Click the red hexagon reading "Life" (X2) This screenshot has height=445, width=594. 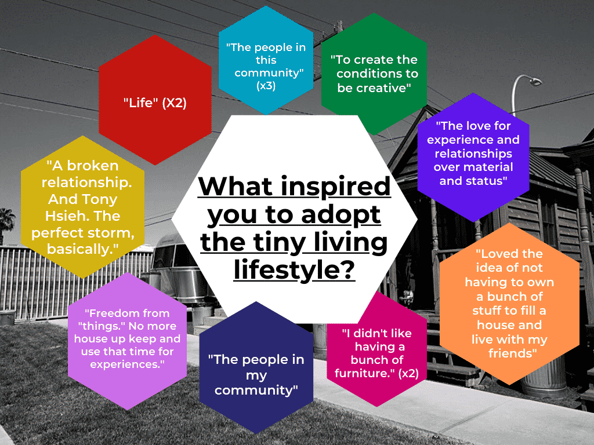(x=155, y=100)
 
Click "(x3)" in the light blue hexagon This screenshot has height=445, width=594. (x=266, y=86)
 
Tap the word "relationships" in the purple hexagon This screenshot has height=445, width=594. (x=473, y=154)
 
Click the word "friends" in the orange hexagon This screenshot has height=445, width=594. (x=510, y=353)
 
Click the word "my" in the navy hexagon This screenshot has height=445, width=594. (x=256, y=375)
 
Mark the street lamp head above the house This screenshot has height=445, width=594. (x=535, y=81)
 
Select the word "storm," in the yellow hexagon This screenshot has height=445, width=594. (x=113, y=233)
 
